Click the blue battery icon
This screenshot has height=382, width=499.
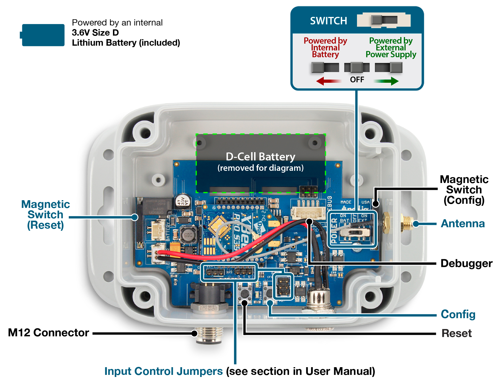43,35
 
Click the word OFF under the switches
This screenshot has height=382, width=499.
357,80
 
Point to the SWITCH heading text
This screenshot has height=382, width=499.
328,21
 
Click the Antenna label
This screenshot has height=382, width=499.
463,224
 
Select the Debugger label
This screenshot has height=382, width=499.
466,263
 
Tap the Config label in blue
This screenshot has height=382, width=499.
458,314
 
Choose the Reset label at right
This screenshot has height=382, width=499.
456,333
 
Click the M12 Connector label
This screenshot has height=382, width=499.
48,333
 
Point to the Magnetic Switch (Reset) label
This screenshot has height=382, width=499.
45,215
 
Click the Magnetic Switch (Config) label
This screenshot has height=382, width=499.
464,190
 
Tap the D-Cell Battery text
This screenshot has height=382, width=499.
260,157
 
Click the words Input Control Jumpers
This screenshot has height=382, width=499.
163,371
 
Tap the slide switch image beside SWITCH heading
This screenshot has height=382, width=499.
384,20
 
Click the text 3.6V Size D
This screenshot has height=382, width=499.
95,33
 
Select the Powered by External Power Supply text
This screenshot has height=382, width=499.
391,47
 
